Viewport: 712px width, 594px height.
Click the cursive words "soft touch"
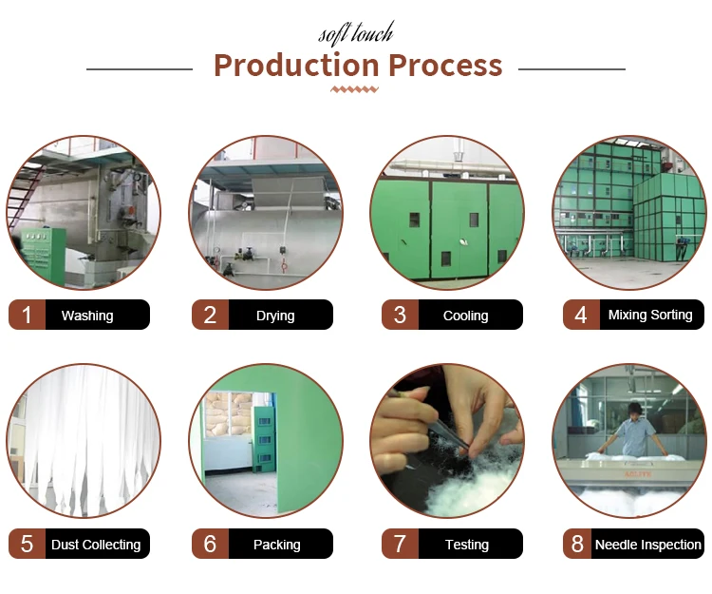pyautogui.click(x=356, y=33)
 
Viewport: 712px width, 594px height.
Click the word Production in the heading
pyautogui.click(x=296, y=65)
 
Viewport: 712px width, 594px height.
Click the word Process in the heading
pyautogui.click(x=445, y=65)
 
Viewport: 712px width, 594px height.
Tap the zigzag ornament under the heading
pyautogui.click(x=355, y=89)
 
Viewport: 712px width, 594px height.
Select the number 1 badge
pyautogui.click(x=27, y=315)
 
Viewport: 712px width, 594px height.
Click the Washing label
pyautogui.click(x=87, y=316)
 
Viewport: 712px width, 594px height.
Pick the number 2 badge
pyautogui.click(x=210, y=315)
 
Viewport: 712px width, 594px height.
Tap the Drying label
pyautogui.click(x=275, y=316)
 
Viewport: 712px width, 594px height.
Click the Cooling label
pyautogui.click(x=465, y=316)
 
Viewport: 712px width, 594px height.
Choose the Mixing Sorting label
pyautogui.click(x=650, y=315)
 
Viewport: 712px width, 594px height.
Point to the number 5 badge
pyautogui.click(x=27, y=544)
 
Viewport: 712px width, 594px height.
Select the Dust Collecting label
pyautogui.click(x=96, y=545)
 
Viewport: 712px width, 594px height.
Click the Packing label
pyautogui.click(x=276, y=545)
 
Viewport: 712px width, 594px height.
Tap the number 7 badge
pyautogui.click(x=400, y=544)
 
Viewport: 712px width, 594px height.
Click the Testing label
pyautogui.click(x=467, y=545)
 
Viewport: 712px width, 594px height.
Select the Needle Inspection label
pyautogui.click(x=648, y=545)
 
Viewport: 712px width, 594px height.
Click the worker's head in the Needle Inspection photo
pyautogui.click(x=635, y=409)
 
